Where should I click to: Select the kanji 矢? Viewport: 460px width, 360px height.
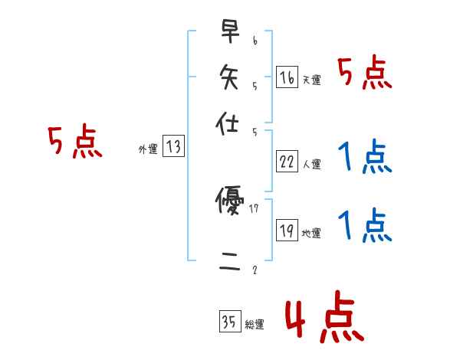point(227,77)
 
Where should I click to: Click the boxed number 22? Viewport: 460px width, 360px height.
point(287,162)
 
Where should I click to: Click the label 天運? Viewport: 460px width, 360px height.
point(311,80)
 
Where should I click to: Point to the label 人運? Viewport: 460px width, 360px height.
point(311,164)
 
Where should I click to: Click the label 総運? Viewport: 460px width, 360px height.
point(255,324)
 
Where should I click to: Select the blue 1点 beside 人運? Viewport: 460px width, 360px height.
point(365,158)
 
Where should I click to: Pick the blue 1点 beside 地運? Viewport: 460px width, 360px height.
point(365,226)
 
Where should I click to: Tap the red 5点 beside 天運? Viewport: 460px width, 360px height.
point(365,74)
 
